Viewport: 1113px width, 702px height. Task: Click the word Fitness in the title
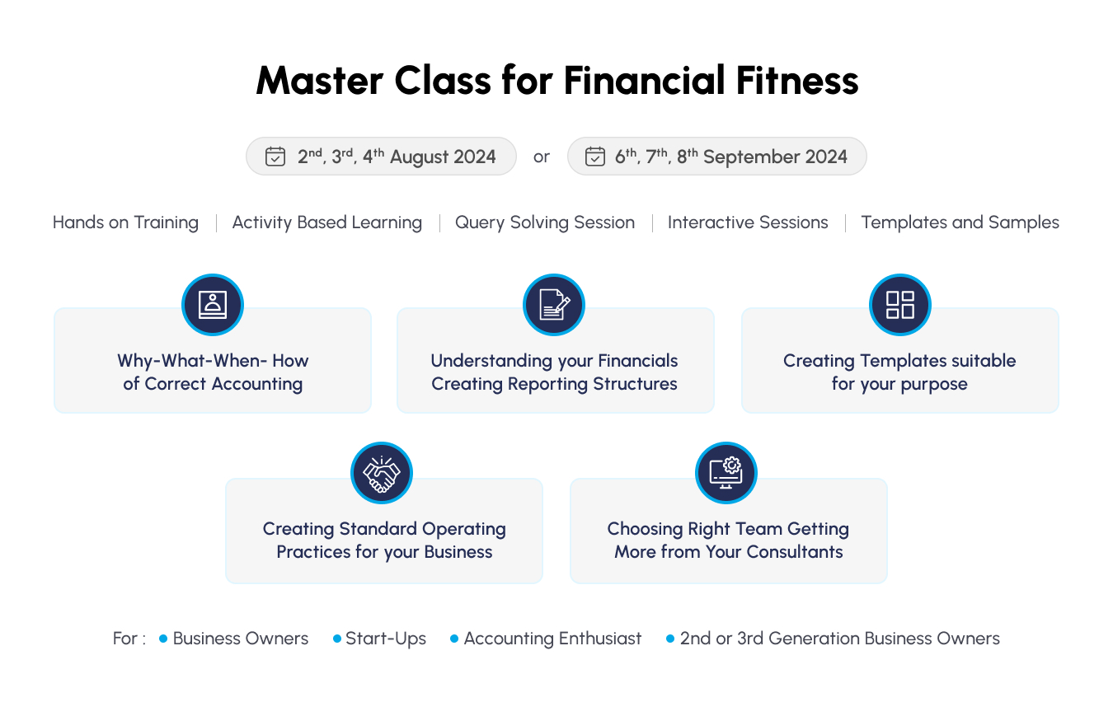(x=797, y=81)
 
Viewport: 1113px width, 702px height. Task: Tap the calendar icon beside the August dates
(x=275, y=157)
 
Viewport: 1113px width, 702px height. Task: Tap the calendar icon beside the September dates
(x=594, y=157)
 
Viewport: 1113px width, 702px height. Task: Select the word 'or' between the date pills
(x=541, y=157)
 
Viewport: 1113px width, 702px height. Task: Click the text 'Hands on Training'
(x=125, y=222)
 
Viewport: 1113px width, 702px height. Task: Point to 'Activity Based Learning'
(x=327, y=222)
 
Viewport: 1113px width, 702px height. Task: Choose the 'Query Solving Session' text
(x=545, y=222)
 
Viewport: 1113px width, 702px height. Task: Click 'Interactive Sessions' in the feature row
(x=748, y=222)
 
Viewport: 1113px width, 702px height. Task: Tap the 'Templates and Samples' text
(x=960, y=222)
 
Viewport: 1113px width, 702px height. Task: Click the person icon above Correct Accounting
(x=213, y=304)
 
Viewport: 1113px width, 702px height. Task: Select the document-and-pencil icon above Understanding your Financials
(x=554, y=304)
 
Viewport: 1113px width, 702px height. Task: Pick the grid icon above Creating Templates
(x=899, y=304)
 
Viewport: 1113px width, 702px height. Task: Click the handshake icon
(x=382, y=473)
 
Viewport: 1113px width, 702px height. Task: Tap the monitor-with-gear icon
(x=726, y=473)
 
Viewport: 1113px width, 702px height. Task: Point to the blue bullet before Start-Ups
(x=337, y=639)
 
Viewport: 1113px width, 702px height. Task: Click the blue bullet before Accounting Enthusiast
(x=454, y=639)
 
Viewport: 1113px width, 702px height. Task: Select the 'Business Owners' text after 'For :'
(x=241, y=639)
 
